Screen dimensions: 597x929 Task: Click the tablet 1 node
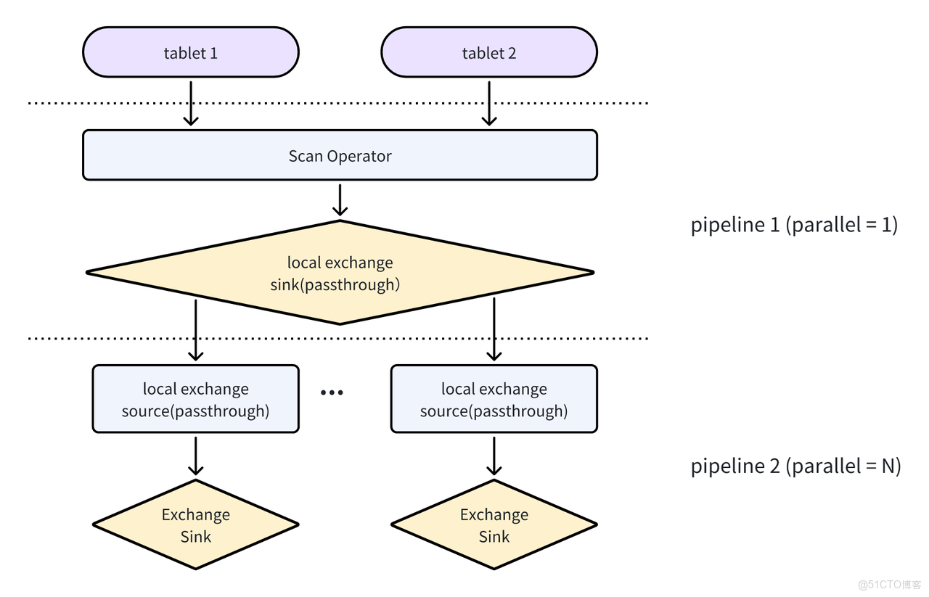click(191, 52)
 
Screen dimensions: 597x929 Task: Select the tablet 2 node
click(489, 52)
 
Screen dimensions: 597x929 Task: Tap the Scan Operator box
click(340, 155)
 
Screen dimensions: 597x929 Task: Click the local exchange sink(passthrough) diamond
click(340, 273)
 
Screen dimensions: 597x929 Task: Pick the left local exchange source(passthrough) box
click(195, 399)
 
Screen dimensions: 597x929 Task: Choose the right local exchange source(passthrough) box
click(494, 399)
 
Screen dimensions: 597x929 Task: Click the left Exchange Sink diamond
click(195, 524)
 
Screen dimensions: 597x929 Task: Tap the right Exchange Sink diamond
click(494, 524)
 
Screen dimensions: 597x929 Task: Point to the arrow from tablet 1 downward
click(191, 103)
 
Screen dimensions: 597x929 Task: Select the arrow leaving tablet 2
click(489, 103)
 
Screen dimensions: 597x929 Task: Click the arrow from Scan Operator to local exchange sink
click(340, 199)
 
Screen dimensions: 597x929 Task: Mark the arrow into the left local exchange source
click(195, 330)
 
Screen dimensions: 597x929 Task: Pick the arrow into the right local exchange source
click(494, 330)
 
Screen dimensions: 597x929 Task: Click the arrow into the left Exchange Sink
click(195, 456)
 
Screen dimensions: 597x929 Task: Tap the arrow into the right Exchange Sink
click(494, 456)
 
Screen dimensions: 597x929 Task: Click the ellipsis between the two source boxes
click(332, 392)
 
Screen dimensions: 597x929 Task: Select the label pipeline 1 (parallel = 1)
click(794, 225)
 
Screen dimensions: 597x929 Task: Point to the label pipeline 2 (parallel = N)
click(795, 465)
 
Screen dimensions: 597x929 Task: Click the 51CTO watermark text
click(889, 584)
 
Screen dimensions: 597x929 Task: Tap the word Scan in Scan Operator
click(306, 156)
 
